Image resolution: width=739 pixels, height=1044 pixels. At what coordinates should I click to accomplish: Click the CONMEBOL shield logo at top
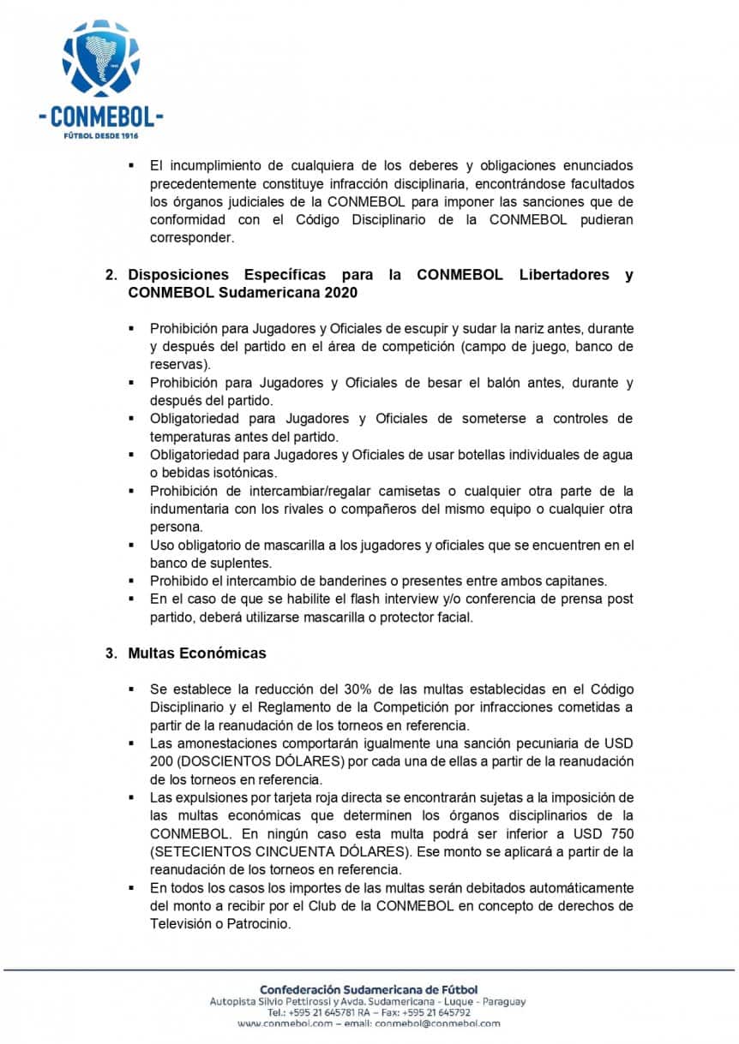(100, 58)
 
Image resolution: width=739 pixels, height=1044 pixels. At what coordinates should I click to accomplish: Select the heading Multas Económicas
(197, 653)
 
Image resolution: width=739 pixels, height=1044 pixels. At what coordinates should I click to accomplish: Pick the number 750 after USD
(616, 833)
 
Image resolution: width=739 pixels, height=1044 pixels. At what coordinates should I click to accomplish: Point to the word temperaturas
(190, 437)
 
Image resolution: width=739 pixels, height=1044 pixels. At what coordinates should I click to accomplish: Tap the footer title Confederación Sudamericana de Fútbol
(369, 989)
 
